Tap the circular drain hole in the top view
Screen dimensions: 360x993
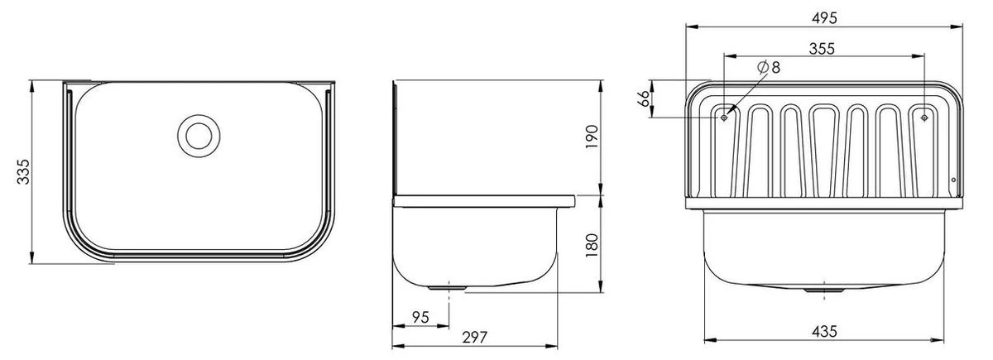(199, 133)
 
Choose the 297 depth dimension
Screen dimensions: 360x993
(474, 337)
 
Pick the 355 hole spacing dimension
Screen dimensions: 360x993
(821, 48)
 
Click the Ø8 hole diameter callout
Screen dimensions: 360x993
(769, 68)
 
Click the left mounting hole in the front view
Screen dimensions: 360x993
(725, 118)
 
